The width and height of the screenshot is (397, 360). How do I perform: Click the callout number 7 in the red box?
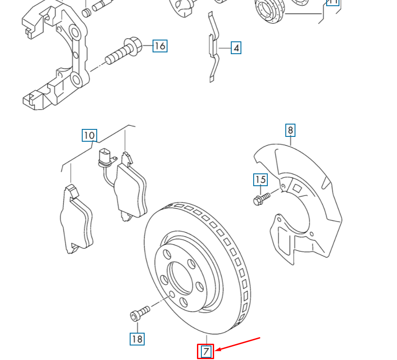tap(206, 351)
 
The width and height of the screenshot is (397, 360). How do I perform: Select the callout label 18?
tap(137, 339)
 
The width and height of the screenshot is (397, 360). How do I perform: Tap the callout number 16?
tap(160, 46)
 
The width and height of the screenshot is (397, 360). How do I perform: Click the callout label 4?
tap(236, 48)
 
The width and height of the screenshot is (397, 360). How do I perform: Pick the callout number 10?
tap(89, 135)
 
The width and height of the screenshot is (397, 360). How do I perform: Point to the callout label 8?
tap(290, 130)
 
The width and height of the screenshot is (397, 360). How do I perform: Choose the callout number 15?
tap(260, 180)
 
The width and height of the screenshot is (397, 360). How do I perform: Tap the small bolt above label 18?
tap(140, 313)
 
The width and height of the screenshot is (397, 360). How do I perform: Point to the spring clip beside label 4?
tap(212, 48)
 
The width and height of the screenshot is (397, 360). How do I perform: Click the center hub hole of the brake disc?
tap(182, 277)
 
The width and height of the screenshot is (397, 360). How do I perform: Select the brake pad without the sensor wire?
tap(76, 220)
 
